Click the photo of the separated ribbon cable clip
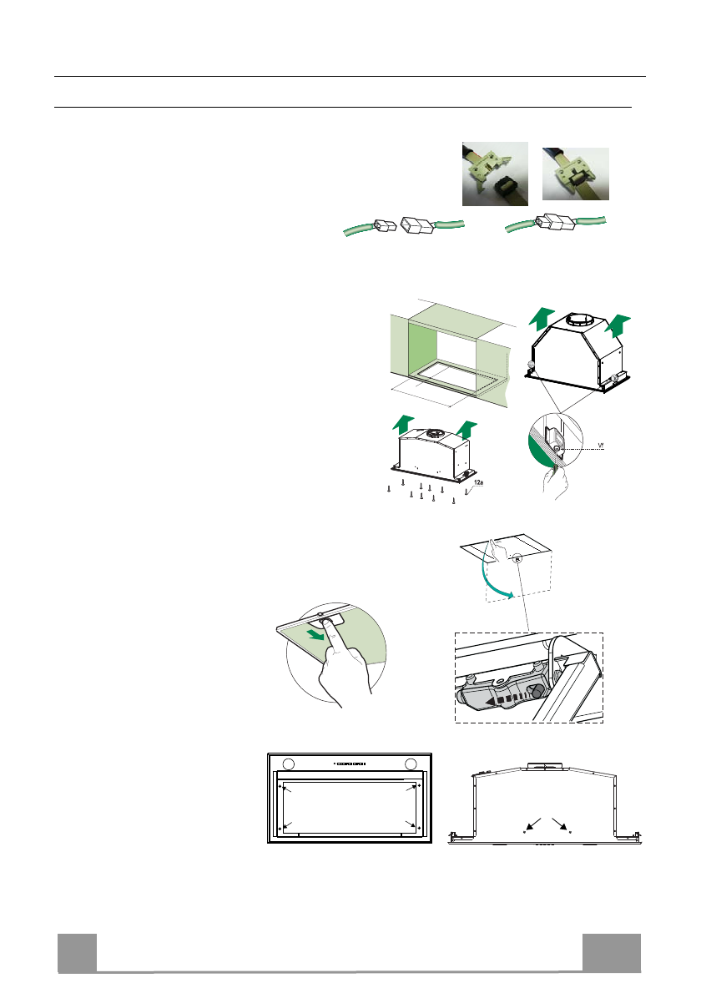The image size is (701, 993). [495, 174]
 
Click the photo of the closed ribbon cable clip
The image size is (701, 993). [575, 173]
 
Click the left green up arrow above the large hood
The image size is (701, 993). [542, 319]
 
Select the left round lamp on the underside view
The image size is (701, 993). [289, 764]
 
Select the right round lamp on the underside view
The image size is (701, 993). [410, 764]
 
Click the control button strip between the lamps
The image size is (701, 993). [350, 764]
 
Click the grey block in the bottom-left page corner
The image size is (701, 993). [77, 952]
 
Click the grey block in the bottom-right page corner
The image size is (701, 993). [612, 952]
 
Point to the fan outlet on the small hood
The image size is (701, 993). [433, 433]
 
